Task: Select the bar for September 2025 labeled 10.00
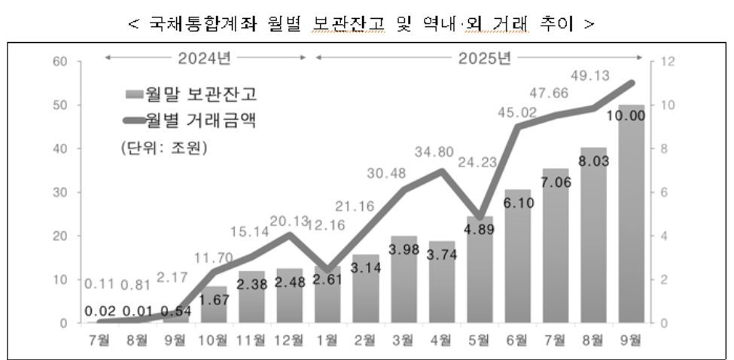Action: (x=632, y=226)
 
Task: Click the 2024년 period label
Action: (x=206, y=57)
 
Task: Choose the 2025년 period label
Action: (x=479, y=57)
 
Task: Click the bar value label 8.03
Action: (x=593, y=160)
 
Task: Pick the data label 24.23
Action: (x=480, y=181)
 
